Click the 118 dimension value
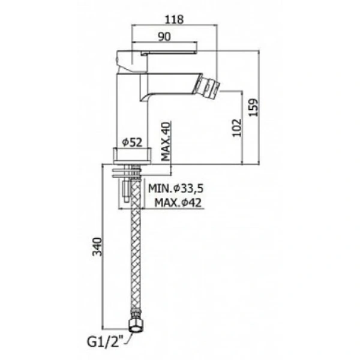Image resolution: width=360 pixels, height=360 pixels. (x=174, y=19)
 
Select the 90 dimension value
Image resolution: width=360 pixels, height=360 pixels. (x=164, y=37)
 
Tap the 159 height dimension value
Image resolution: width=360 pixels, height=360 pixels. (x=254, y=107)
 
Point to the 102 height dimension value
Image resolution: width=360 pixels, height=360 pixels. (x=237, y=128)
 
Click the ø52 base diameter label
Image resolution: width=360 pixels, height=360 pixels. (x=132, y=142)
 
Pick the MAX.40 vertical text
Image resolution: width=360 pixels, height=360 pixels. (x=166, y=141)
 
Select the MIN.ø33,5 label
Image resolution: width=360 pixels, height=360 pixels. (x=176, y=188)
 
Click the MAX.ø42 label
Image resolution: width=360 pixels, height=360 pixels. (x=178, y=203)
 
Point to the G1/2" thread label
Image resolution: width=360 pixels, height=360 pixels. (x=105, y=341)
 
